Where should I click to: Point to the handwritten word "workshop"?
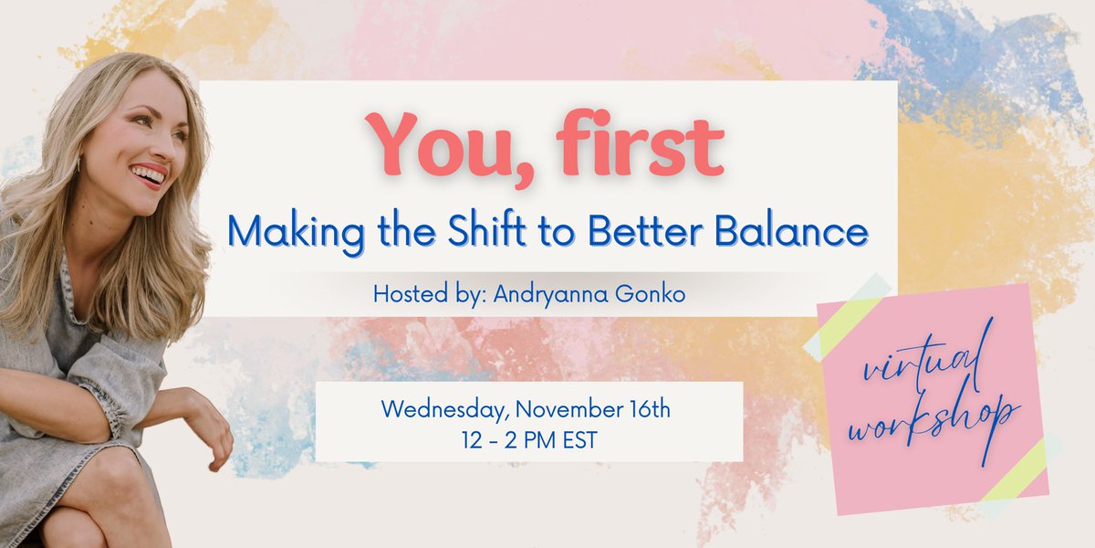point(933,421)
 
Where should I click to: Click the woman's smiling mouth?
point(147,174)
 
